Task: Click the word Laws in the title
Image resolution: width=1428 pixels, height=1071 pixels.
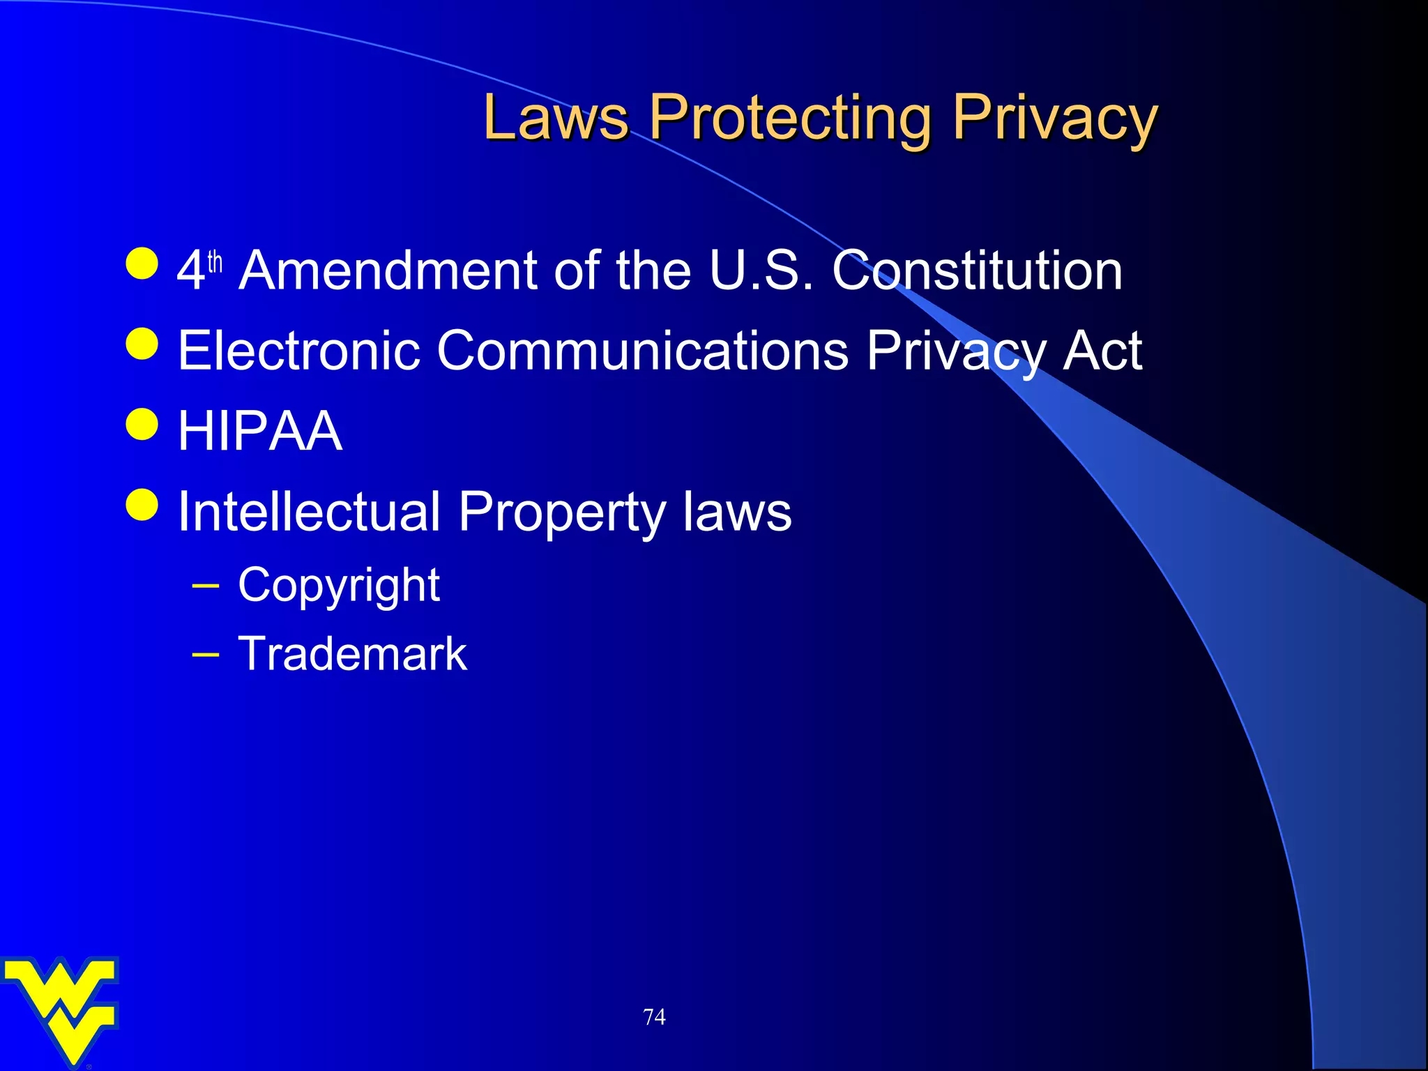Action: [x=556, y=117]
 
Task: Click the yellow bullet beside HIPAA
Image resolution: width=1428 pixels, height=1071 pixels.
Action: [x=143, y=424]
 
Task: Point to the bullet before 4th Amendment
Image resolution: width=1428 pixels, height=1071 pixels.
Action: [x=143, y=264]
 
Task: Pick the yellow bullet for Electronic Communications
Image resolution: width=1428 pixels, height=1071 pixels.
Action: [x=143, y=343]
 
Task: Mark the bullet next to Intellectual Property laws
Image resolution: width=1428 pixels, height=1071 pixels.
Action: [x=143, y=504]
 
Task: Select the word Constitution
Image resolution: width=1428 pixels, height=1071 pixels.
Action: [x=977, y=271]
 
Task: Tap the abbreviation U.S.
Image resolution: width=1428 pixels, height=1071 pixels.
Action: [x=761, y=271]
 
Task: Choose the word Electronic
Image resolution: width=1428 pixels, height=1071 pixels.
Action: [x=299, y=350]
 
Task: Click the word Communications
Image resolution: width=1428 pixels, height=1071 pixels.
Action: [x=642, y=350]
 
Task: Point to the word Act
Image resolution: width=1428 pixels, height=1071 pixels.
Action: [x=1102, y=350]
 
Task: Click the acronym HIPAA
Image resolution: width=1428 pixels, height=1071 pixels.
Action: [x=260, y=431]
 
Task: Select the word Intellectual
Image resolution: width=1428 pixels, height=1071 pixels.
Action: [x=310, y=512]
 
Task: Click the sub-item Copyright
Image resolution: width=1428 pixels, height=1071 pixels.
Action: [x=339, y=586]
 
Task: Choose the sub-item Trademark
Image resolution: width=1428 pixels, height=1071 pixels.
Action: [x=352, y=654]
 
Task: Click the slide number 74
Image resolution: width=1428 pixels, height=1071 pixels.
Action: [x=654, y=1017]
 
